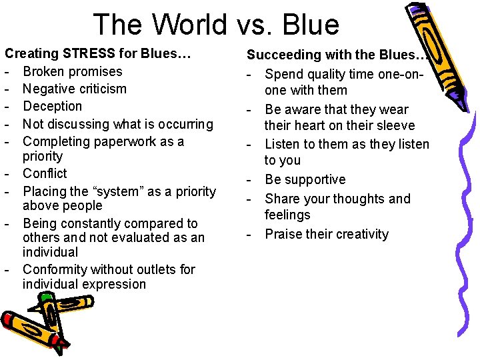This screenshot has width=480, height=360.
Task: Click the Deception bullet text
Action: point(52,106)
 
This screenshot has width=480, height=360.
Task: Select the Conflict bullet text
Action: point(45,173)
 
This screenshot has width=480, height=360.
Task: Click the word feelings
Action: point(287,215)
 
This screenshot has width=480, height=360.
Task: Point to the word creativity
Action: point(358,234)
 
